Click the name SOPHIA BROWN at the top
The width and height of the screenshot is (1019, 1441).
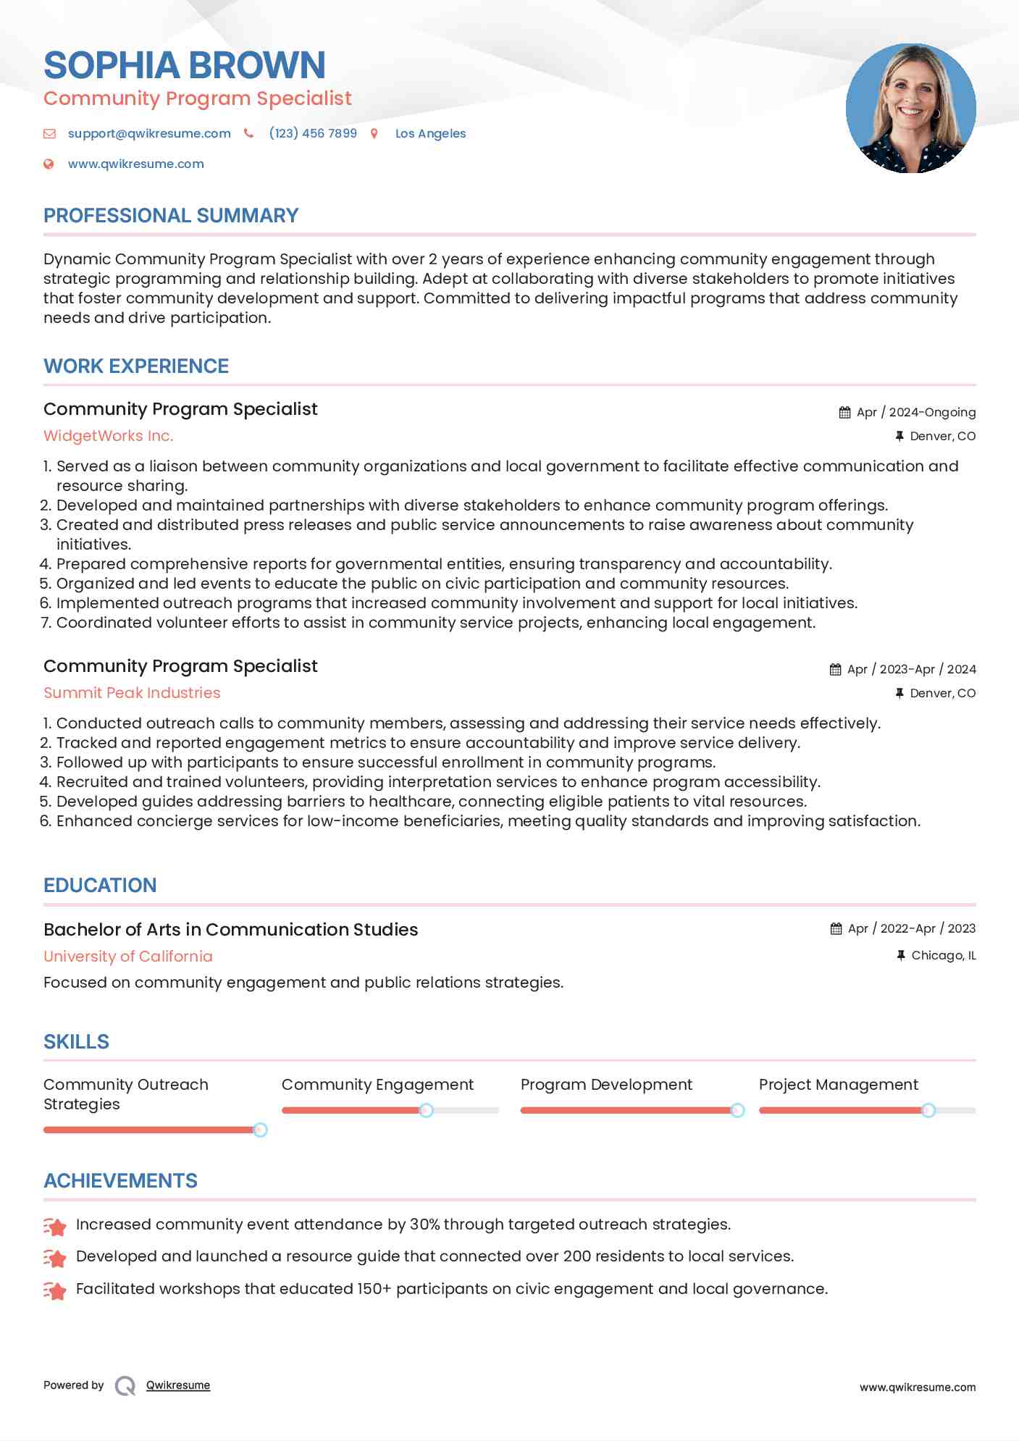[x=184, y=65]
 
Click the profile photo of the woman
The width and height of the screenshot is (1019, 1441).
[x=910, y=109]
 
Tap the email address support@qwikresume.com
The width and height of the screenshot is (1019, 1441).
[x=149, y=133]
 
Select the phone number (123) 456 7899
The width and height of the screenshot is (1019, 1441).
[x=313, y=133]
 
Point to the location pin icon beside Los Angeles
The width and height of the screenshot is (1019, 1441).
[x=374, y=133]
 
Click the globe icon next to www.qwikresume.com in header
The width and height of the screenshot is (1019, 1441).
[x=49, y=164]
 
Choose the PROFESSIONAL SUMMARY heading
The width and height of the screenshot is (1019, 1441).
[x=171, y=216]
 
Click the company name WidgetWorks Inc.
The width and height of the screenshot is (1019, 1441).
[x=109, y=436]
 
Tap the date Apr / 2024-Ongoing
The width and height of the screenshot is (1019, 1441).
[x=915, y=412]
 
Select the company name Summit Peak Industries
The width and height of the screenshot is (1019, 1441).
[x=132, y=693]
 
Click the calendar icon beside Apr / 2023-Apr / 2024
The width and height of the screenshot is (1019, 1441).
[x=835, y=669]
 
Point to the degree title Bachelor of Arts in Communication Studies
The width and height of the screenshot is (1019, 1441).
[x=230, y=930]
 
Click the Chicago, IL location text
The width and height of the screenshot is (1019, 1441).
[x=943, y=956]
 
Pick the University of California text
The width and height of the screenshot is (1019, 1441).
[x=128, y=957]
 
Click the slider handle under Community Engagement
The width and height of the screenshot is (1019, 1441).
[x=427, y=1110]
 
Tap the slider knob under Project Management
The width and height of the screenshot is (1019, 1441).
[x=928, y=1110]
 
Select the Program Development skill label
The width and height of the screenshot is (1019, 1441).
[x=606, y=1085]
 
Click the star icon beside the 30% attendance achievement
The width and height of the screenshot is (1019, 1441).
[x=55, y=1226]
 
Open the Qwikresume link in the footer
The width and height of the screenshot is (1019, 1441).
[x=178, y=1385]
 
